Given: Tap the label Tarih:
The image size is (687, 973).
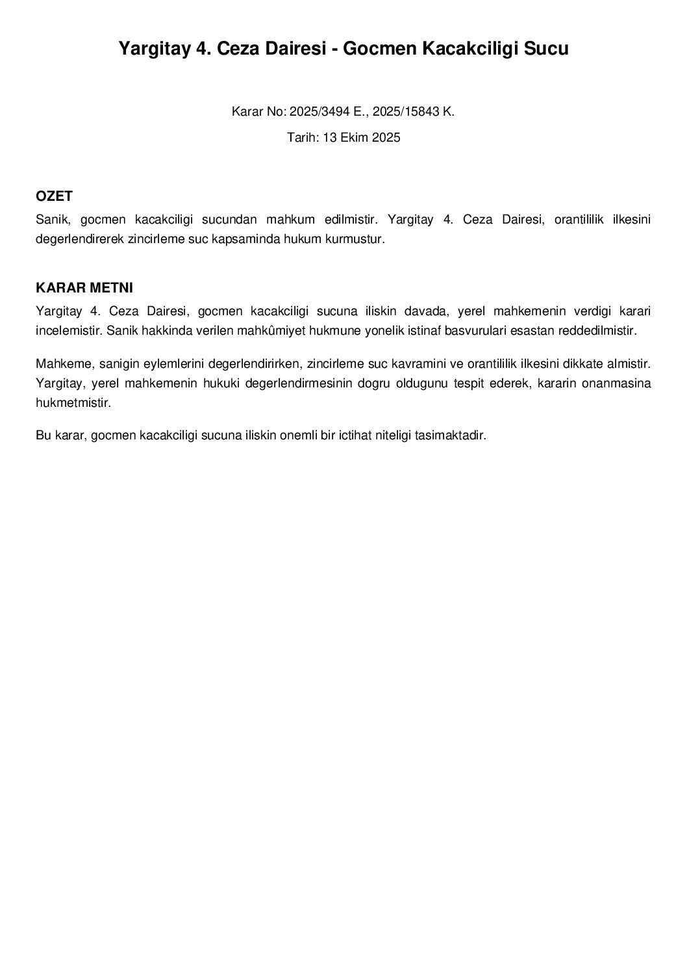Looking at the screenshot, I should click(x=301, y=137).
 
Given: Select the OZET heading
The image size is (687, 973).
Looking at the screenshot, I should click(x=54, y=196).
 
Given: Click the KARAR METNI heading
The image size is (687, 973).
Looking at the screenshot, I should click(x=84, y=288).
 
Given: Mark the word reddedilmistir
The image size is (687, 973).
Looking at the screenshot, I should click(x=598, y=330).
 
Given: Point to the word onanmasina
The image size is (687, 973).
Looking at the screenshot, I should click(x=620, y=383).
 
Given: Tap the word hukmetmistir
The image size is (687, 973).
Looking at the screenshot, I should click(x=73, y=402).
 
